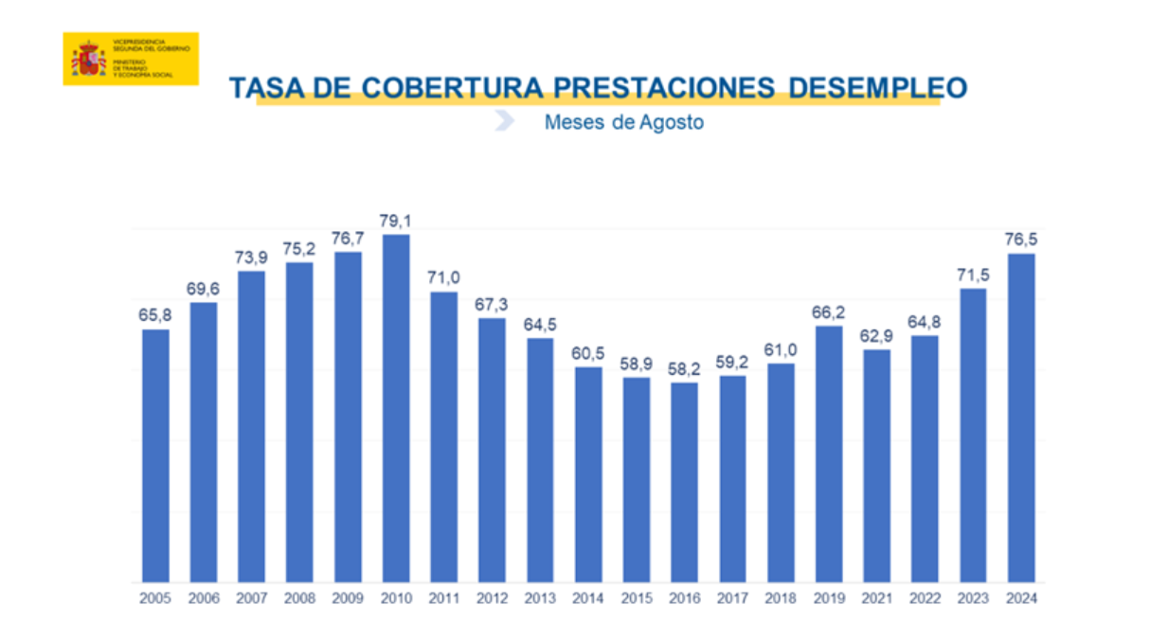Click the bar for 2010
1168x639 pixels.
click(x=396, y=408)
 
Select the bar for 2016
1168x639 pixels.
click(x=684, y=482)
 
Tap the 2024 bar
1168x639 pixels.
click(x=1020, y=417)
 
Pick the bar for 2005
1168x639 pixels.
click(x=156, y=455)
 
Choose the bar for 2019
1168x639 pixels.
click(x=828, y=453)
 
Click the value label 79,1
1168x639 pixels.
click(x=396, y=222)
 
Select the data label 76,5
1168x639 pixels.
click(x=1020, y=240)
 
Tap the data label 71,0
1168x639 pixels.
click(x=443, y=278)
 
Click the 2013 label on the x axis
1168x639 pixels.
click(x=540, y=598)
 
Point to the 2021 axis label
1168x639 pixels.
click(x=876, y=598)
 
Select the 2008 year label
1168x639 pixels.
click(x=299, y=598)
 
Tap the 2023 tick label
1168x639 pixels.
click(x=973, y=598)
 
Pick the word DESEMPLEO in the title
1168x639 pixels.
click(x=878, y=88)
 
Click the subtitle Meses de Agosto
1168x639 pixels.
click(x=623, y=123)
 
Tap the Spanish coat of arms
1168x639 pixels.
click(x=89, y=59)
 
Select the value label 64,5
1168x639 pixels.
click(x=540, y=325)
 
